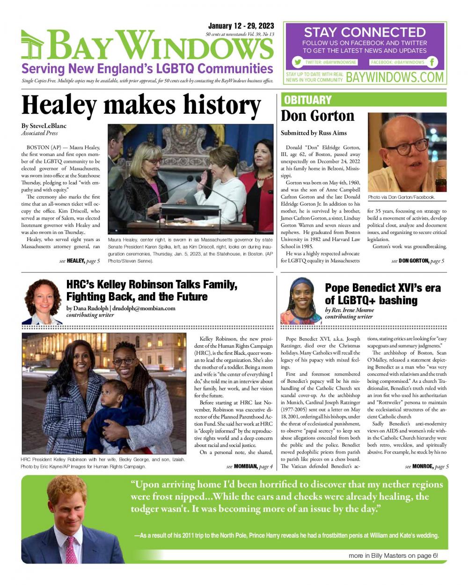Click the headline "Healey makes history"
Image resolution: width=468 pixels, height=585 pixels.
point(141,105)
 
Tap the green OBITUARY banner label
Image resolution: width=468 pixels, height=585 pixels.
point(307,100)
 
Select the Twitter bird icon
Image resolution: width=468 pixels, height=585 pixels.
point(297,62)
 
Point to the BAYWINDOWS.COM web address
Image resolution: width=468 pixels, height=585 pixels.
point(395,77)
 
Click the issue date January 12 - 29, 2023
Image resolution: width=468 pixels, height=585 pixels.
point(241,26)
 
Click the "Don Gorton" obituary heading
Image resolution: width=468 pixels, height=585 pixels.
point(317,116)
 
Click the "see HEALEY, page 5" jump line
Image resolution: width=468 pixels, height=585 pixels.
point(80,261)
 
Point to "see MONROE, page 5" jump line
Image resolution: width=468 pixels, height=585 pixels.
point(427,467)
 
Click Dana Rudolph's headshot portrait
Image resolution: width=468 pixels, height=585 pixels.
point(42,302)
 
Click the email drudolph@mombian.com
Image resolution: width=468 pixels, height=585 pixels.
point(143,308)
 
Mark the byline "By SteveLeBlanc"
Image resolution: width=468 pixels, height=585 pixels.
point(44,126)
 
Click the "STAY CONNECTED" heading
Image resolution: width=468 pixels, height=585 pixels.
point(365,32)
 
